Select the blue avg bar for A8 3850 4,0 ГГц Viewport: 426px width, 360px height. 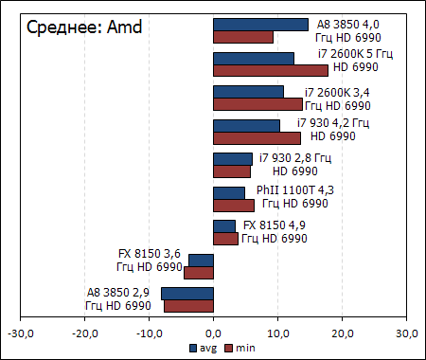(260, 25)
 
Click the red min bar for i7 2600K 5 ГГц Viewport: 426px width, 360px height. (271, 70)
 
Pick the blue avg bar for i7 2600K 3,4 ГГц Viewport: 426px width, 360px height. (248, 92)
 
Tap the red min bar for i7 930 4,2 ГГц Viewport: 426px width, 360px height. (257, 137)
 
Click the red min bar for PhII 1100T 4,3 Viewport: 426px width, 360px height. (234, 205)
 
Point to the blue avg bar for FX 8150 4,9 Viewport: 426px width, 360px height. (224, 226)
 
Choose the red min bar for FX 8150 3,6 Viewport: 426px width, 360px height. (199, 272)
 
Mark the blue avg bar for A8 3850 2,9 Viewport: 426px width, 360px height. (187, 294)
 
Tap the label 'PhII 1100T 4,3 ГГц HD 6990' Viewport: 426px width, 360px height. (295, 197)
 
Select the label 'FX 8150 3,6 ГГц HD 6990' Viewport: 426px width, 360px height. (148, 260)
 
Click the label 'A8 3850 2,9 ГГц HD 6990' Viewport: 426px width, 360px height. (118, 299)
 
